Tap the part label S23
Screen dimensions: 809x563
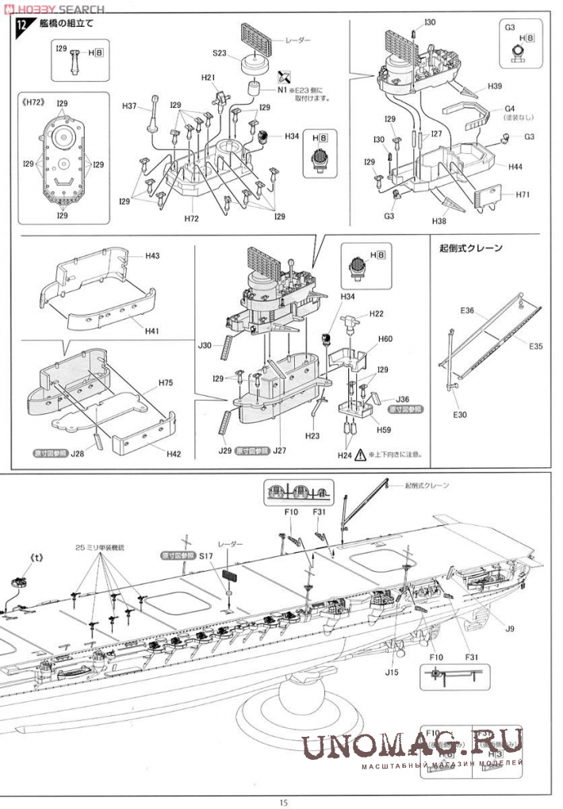(x=220, y=53)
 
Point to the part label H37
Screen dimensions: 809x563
(x=130, y=106)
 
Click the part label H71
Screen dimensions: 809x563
(x=522, y=194)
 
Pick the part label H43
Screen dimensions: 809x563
(x=152, y=256)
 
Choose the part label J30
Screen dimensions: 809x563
(x=205, y=346)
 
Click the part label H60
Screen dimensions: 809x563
(x=385, y=339)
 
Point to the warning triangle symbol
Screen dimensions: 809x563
(x=362, y=455)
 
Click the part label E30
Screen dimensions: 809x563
(x=460, y=414)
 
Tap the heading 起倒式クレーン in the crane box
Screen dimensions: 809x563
(x=470, y=248)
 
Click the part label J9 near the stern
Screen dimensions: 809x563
(x=509, y=629)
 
